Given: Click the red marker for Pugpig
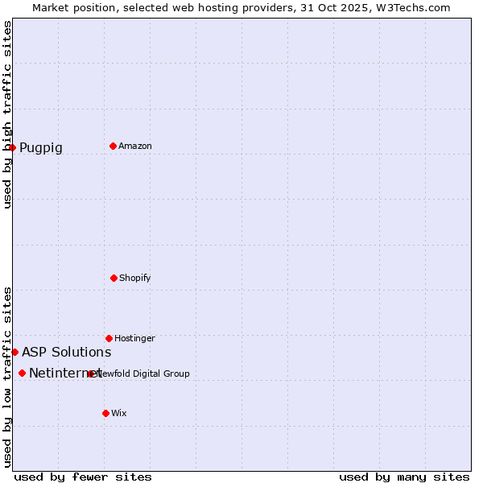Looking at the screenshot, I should tap(12, 147).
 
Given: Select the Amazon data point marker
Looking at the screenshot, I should tap(113, 146).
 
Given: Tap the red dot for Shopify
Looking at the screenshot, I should tap(114, 278).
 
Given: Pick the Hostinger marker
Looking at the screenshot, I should tap(109, 338).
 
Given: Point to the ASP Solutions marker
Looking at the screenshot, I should tap(14, 352).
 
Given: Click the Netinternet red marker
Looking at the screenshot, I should tap(22, 373).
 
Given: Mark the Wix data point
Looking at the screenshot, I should tap(105, 413).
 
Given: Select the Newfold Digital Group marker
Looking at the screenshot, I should tap(91, 374).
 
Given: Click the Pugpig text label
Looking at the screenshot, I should tap(41, 148).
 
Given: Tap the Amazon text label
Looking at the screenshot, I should tap(135, 147).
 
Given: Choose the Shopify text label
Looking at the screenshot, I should tap(135, 279).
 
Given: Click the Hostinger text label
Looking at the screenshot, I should tap(134, 339).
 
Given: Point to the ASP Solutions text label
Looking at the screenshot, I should tap(67, 353).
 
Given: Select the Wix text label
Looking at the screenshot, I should tap(119, 414).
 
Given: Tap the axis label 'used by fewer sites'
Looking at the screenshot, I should tap(83, 477).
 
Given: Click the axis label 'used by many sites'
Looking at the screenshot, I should tap(404, 477).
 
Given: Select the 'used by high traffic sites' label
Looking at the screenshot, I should tap(8, 114).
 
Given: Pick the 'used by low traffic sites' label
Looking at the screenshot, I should tap(8, 377).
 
